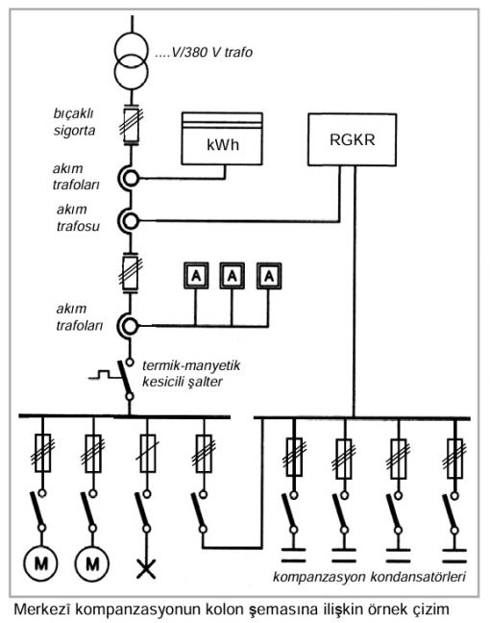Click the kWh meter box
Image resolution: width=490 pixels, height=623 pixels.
[222, 138]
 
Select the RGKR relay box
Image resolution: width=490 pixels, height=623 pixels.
[353, 139]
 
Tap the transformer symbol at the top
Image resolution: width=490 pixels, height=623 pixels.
[131, 60]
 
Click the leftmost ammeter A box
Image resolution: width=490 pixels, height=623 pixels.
[196, 275]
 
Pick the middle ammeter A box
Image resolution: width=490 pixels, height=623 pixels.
[233, 275]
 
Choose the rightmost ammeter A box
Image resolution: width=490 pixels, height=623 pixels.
[269, 275]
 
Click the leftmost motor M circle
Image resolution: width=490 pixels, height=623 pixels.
[41, 563]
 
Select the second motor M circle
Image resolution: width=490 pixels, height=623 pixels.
[92, 563]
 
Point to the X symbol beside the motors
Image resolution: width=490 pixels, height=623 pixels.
[146, 568]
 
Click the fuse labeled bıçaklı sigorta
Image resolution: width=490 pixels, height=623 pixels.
[131, 125]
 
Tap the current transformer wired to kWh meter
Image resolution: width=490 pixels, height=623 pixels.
[129, 179]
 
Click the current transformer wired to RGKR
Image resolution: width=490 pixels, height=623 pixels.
[129, 220]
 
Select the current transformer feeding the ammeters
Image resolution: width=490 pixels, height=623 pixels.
[129, 326]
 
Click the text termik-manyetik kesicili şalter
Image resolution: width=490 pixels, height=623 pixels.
[191, 373]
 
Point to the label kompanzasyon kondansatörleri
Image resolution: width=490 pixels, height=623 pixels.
[369, 577]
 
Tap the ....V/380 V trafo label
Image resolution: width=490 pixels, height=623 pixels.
[204, 52]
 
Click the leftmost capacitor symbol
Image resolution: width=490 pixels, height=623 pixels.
[293, 556]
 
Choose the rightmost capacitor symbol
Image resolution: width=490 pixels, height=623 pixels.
[454, 556]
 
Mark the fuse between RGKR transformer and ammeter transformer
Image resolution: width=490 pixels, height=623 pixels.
[131, 273]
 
